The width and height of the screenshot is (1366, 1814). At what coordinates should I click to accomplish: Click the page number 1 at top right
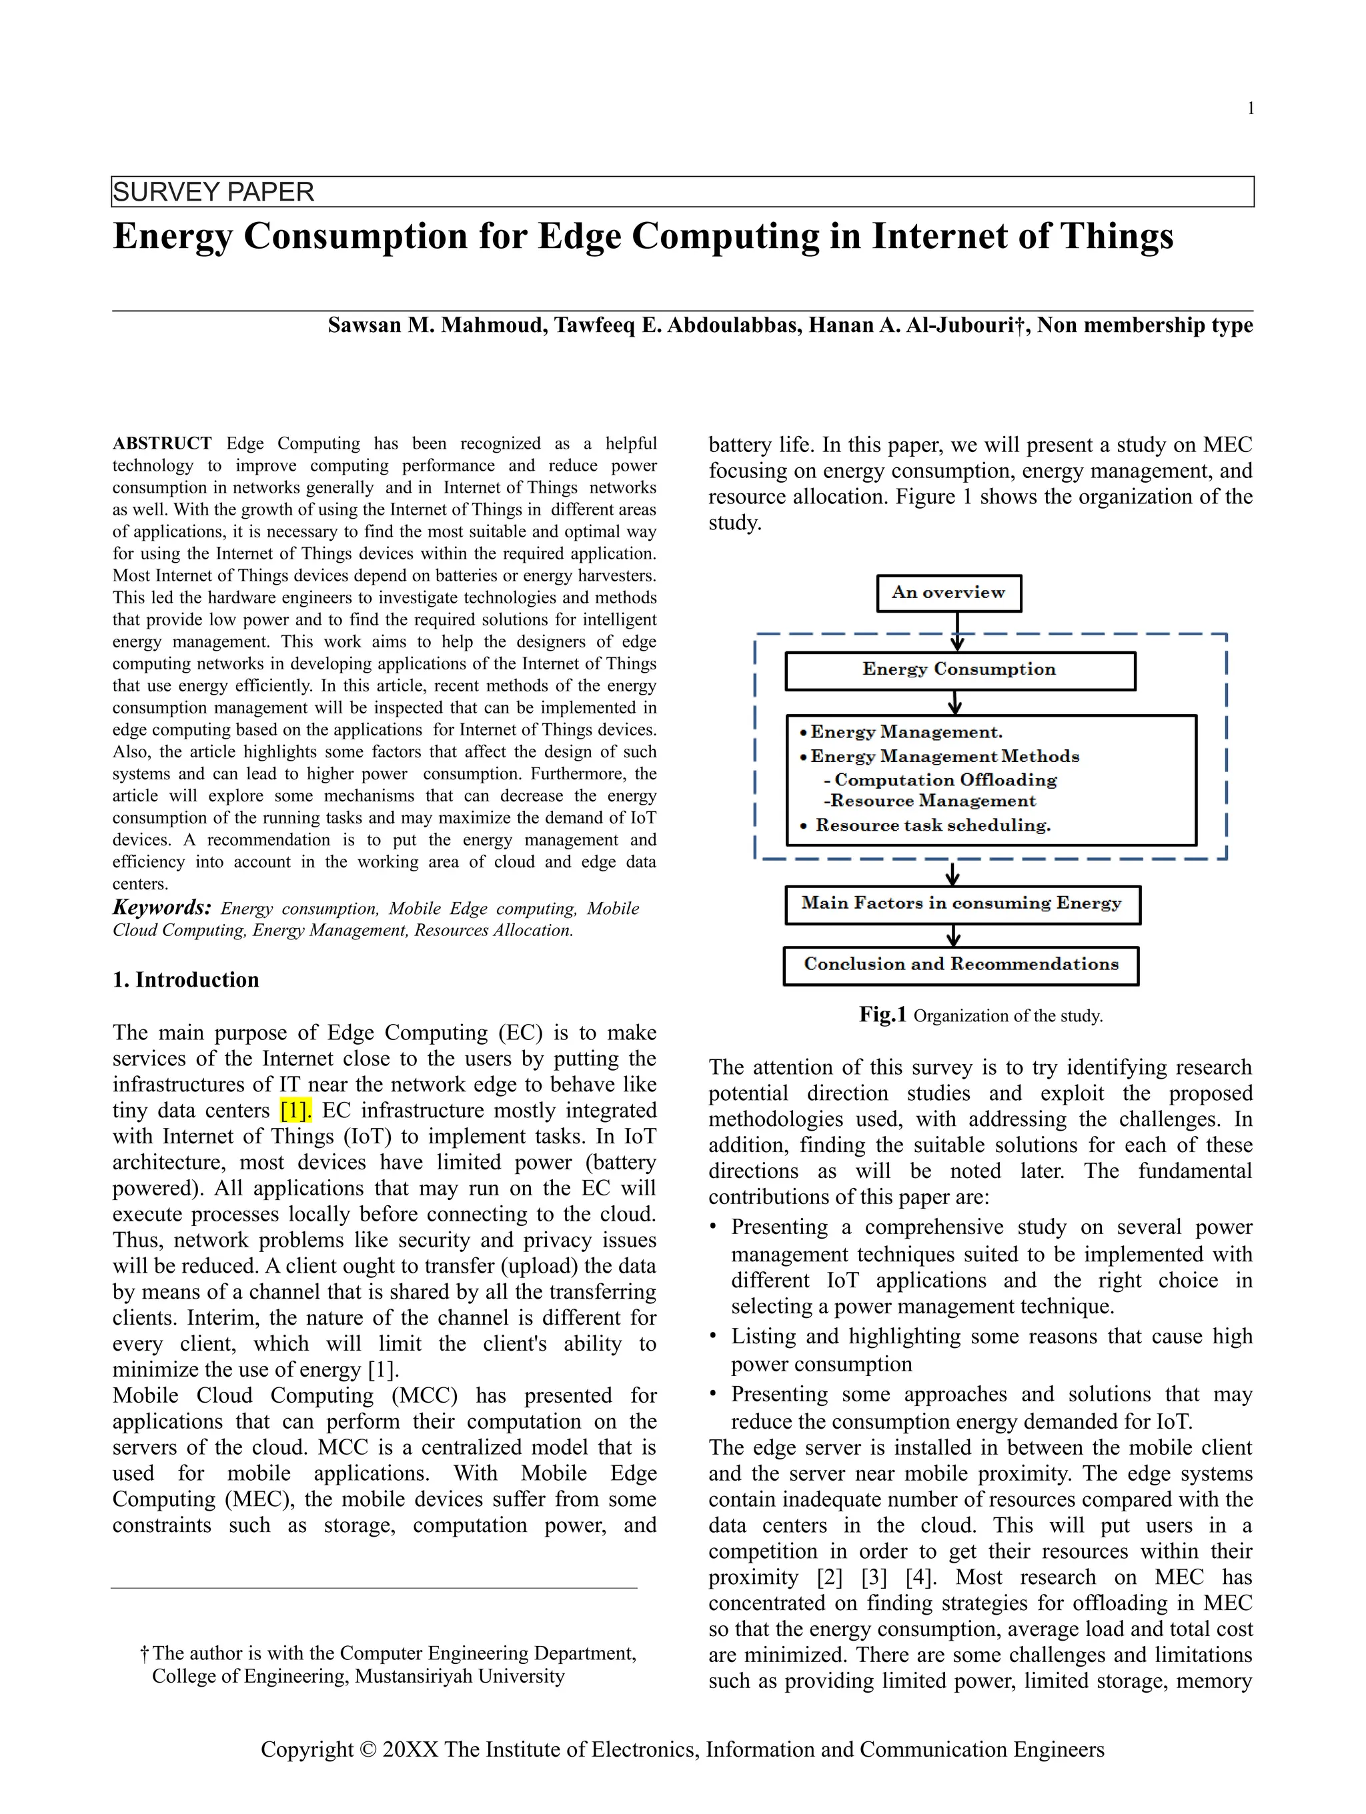tap(1251, 108)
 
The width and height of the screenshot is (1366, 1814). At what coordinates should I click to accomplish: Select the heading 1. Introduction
tap(185, 980)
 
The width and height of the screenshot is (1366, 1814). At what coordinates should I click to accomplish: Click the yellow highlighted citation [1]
tap(295, 1111)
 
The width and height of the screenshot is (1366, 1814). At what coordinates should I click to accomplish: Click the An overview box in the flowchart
tap(948, 593)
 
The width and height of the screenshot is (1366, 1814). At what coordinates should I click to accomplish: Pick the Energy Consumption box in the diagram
tap(959, 670)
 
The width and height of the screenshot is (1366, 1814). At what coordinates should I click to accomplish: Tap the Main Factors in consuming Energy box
tap(962, 904)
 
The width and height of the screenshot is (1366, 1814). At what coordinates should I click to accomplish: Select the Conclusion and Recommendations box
tap(960, 965)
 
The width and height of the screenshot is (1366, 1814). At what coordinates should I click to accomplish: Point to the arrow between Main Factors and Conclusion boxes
tap(953, 936)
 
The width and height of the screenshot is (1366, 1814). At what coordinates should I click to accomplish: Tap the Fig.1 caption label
tap(882, 1015)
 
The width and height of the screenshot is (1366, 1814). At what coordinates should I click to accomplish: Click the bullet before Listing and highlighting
tap(713, 1337)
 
